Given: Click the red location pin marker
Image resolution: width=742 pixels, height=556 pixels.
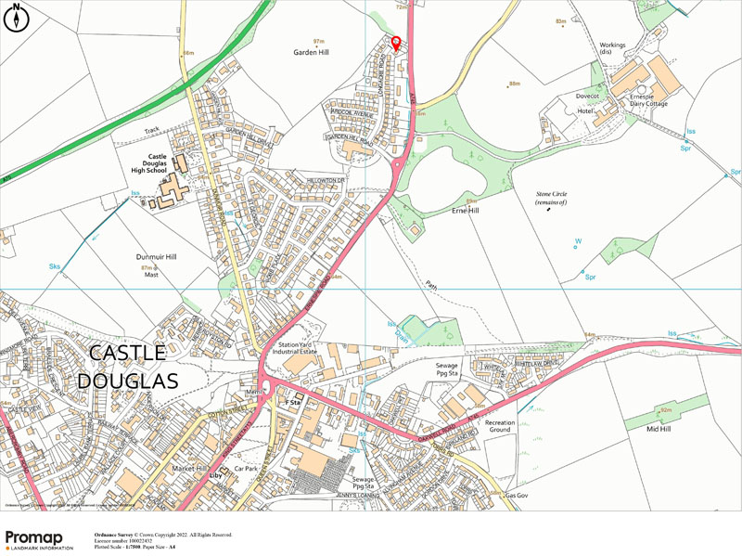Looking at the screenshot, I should [396, 43].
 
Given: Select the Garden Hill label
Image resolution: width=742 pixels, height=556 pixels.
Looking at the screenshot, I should [313, 53].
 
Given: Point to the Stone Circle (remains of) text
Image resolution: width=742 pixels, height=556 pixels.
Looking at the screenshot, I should [551, 198].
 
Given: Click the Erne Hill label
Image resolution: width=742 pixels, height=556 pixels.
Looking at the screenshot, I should [464, 211].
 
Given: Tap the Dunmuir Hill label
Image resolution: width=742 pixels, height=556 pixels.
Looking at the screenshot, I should [153, 256].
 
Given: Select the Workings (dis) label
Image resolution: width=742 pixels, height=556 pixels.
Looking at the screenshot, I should [612, 48].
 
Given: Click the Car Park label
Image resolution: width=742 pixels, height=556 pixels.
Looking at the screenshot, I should [244, 469].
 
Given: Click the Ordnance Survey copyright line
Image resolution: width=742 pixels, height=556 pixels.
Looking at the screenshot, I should [162, 536].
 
